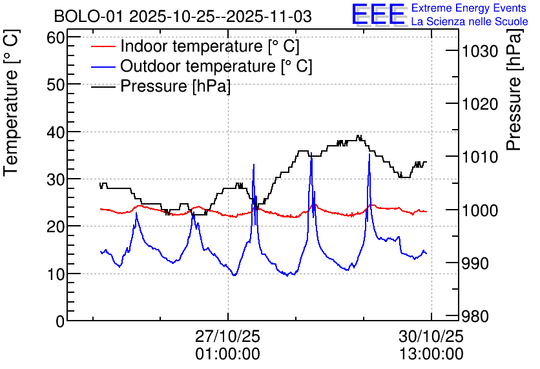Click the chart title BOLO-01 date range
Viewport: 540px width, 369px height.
(x=183, y=16)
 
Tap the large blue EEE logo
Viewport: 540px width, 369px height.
(x=379, y=14)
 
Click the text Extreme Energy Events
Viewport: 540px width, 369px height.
(x=470, y=8)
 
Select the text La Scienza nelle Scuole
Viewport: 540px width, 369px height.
(x=470, y=22)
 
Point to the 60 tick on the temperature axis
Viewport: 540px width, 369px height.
(x=57, y=37)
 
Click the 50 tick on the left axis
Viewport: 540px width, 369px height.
(x=57, y=85)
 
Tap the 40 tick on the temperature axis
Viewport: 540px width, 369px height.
(x=57, y=132)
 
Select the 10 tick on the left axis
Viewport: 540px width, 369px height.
(x=57, y=274)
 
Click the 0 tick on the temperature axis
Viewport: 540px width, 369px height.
(x=61, y=321)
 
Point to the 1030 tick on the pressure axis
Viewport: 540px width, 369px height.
(x=480, y=51)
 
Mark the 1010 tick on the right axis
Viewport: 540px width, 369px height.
(x=480, y=157)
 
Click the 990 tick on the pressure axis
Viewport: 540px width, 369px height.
(x=476, y=263)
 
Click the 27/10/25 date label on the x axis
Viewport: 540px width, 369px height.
(x=228, y=336)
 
